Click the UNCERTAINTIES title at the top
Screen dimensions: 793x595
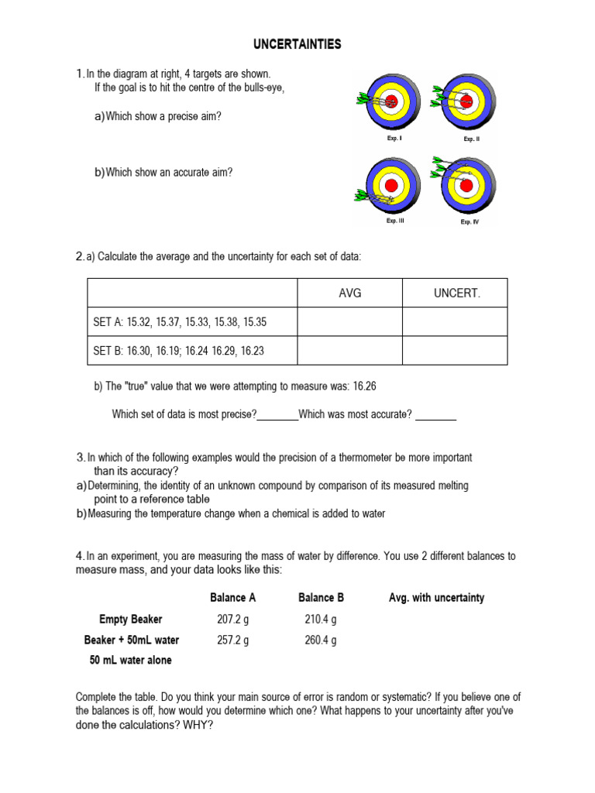point(297,45)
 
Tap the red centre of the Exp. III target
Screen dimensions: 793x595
point(391,185)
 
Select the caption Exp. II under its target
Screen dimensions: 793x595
point(472,139)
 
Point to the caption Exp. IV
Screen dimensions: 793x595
point(469,221)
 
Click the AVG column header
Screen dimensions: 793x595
point(350,294)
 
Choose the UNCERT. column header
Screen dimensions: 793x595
point(456,294)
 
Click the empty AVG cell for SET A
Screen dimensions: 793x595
point(350,322)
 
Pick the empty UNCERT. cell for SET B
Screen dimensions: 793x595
point(456,351)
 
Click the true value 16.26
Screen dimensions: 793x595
point(363,386)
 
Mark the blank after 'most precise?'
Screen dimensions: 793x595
point(277,415)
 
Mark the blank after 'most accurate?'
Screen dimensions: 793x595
point(435,415)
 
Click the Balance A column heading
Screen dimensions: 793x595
point(233,598)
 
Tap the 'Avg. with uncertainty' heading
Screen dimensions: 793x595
point(436,598)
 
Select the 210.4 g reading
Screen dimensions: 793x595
point(321,620)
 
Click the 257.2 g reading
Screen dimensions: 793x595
point(233,640)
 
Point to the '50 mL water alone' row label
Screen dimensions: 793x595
point(131,661)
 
